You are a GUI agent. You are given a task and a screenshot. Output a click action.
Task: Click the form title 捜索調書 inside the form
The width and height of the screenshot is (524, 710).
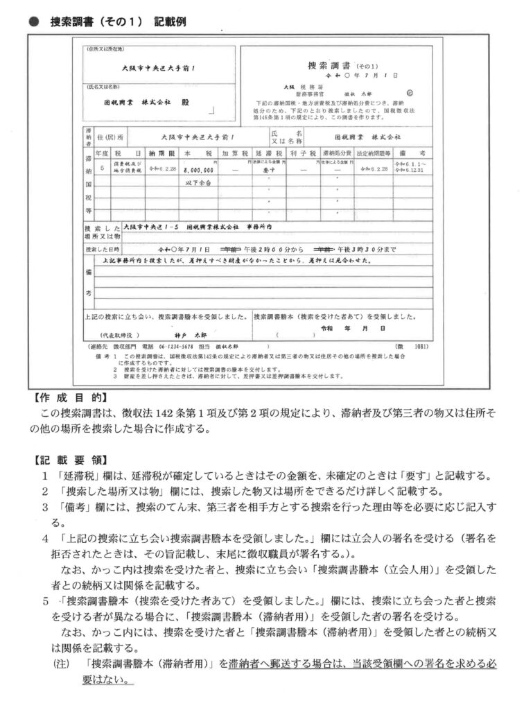pyautogui.click(x=332, y=65)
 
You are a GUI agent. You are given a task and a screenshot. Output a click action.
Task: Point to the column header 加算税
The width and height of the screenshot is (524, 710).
pyautogui.click(x=233, y=152)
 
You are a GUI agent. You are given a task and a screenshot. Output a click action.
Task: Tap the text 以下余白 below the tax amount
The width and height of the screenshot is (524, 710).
pyautogui.click(x=199, y=182)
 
